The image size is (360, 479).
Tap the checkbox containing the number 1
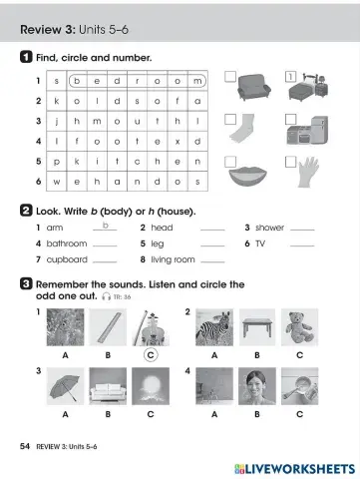point(291,75)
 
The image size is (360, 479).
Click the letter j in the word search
point(56,121)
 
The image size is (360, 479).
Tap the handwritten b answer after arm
point(104,226)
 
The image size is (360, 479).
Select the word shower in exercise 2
point(269,229)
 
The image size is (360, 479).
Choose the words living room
point(173,259)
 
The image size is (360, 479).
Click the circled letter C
point(150,353)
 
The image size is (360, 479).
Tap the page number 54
point(25,446)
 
